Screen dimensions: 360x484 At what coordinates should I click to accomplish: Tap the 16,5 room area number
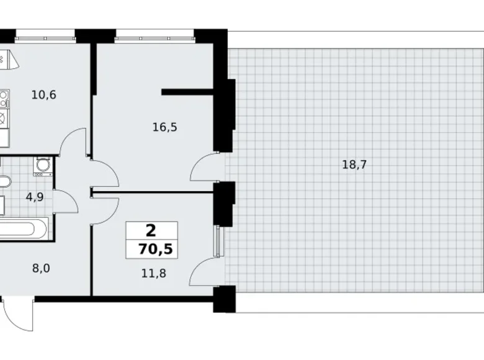(165, 127)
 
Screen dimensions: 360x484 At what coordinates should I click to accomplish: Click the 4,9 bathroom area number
(34, 198)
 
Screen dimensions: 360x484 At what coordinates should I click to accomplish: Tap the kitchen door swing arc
(73, 141)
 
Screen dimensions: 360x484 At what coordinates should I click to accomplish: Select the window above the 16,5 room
(155, 32)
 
